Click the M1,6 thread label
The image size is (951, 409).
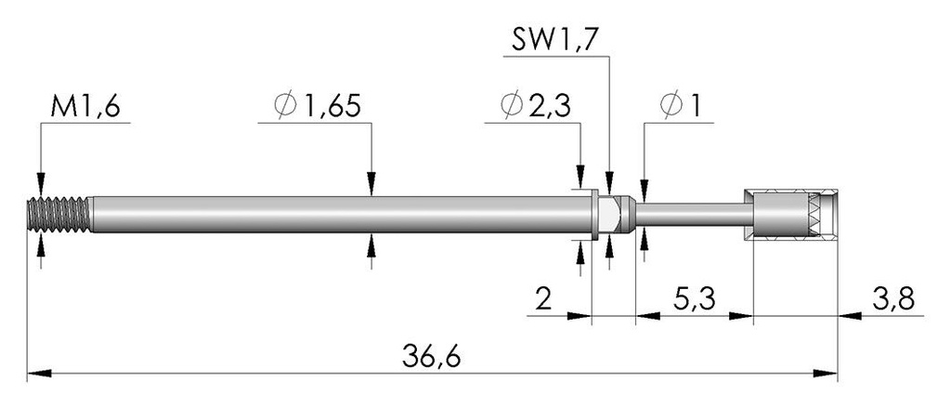click(x=86, y=107)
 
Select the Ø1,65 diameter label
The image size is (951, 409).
click(x=318, y=106)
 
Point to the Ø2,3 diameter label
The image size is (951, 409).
click(x=536, y=106)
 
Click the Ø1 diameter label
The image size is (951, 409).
click(x=680, y=106)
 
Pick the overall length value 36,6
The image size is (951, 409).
click(x=431, y=357)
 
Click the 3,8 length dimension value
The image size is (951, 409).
click(x=894, y=299)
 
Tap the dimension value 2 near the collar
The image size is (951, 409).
click(x=544, y=299)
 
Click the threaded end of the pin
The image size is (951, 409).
click(x=59, y=214)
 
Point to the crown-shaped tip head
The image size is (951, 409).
click(x=791, y=214)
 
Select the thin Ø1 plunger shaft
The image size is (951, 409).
click(x=690, y=214)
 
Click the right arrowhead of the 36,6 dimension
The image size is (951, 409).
click(x=826, y=373)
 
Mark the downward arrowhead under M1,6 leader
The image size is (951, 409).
click(x=41, y=184)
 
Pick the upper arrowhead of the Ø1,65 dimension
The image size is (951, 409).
click(x=371, y=184)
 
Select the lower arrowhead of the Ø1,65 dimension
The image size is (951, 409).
click(x=371, y=244)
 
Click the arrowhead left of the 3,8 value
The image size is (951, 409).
click(x=850, y=315)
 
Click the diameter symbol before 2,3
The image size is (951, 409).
click(x=512, y=106)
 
